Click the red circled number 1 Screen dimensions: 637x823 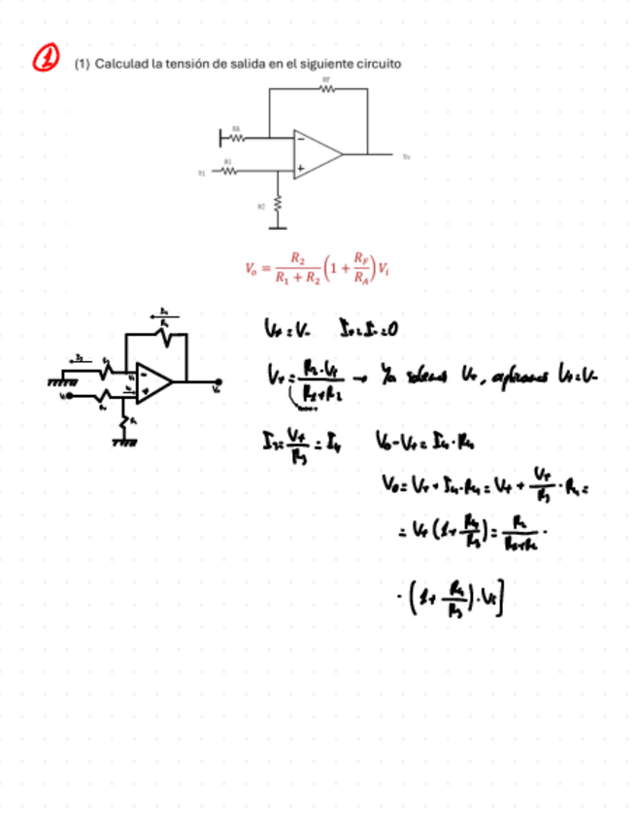pos(46,59)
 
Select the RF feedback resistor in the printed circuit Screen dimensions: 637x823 pos(326,88)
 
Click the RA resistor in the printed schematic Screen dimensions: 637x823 pos(235,137)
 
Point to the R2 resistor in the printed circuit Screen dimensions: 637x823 pos(279,205)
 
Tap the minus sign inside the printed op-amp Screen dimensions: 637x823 pos(300,138)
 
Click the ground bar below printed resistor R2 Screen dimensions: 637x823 pos(279,227)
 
